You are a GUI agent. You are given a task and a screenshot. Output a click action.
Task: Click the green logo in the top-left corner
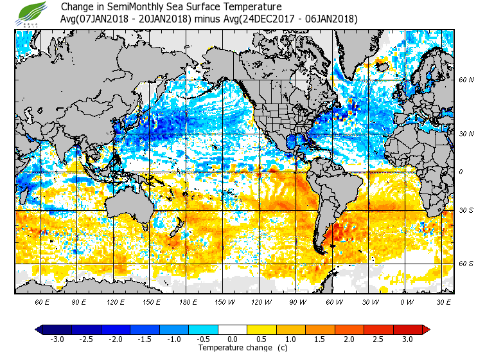(x=33, y=13)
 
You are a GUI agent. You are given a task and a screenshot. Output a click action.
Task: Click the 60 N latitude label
(x=466, y=80)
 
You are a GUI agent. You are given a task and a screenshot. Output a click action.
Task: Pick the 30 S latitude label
(x=466, y=211)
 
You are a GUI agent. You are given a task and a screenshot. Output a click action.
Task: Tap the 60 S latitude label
(x=466, y=264)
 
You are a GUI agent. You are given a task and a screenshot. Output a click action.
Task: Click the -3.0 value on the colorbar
(x=57, y=339)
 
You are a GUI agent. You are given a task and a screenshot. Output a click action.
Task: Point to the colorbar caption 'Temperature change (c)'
(x=234, y=348)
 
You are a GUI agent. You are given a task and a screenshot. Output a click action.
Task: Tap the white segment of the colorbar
(x=233, y=330)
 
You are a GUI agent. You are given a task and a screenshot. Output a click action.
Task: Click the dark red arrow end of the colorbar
(x=426, y=330)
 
